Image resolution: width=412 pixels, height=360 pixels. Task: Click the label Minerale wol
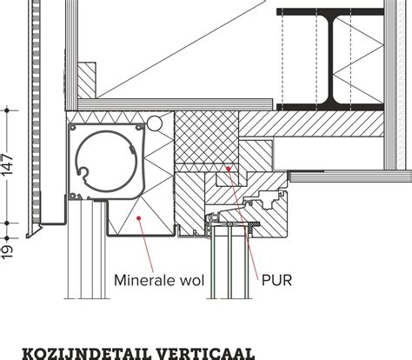click(159, 280)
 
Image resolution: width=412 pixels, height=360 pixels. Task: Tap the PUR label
click(276, 280)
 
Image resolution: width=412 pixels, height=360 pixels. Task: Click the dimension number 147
click(8, 165)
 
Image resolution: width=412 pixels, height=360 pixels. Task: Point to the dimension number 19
click(8, 251)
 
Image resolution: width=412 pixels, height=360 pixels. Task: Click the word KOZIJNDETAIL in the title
click(86, 354)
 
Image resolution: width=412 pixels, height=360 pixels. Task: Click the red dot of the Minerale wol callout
click(139, 217)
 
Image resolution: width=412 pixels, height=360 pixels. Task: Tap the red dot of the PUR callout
click(229, 169)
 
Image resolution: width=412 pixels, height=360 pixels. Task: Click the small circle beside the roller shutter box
click(155, 123)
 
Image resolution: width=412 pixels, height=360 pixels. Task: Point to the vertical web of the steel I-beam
click(331, 59)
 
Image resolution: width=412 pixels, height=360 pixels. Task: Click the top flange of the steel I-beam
click(330, 12)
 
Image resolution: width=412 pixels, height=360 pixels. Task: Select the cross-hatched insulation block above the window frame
click(207, 137)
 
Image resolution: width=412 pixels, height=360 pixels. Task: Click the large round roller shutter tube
click(105, 161)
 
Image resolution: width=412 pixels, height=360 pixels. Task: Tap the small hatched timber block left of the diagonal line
click(87, 80)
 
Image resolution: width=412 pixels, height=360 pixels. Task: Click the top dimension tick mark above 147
click(7, 110)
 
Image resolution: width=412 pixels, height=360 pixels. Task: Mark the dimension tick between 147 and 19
click(7, 223)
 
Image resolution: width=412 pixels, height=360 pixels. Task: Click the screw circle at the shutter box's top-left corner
click(72, 128)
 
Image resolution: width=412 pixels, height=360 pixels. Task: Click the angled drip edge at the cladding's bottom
click(34, 231)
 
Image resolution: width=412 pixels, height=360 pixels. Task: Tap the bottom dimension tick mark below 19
click(7, 238)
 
